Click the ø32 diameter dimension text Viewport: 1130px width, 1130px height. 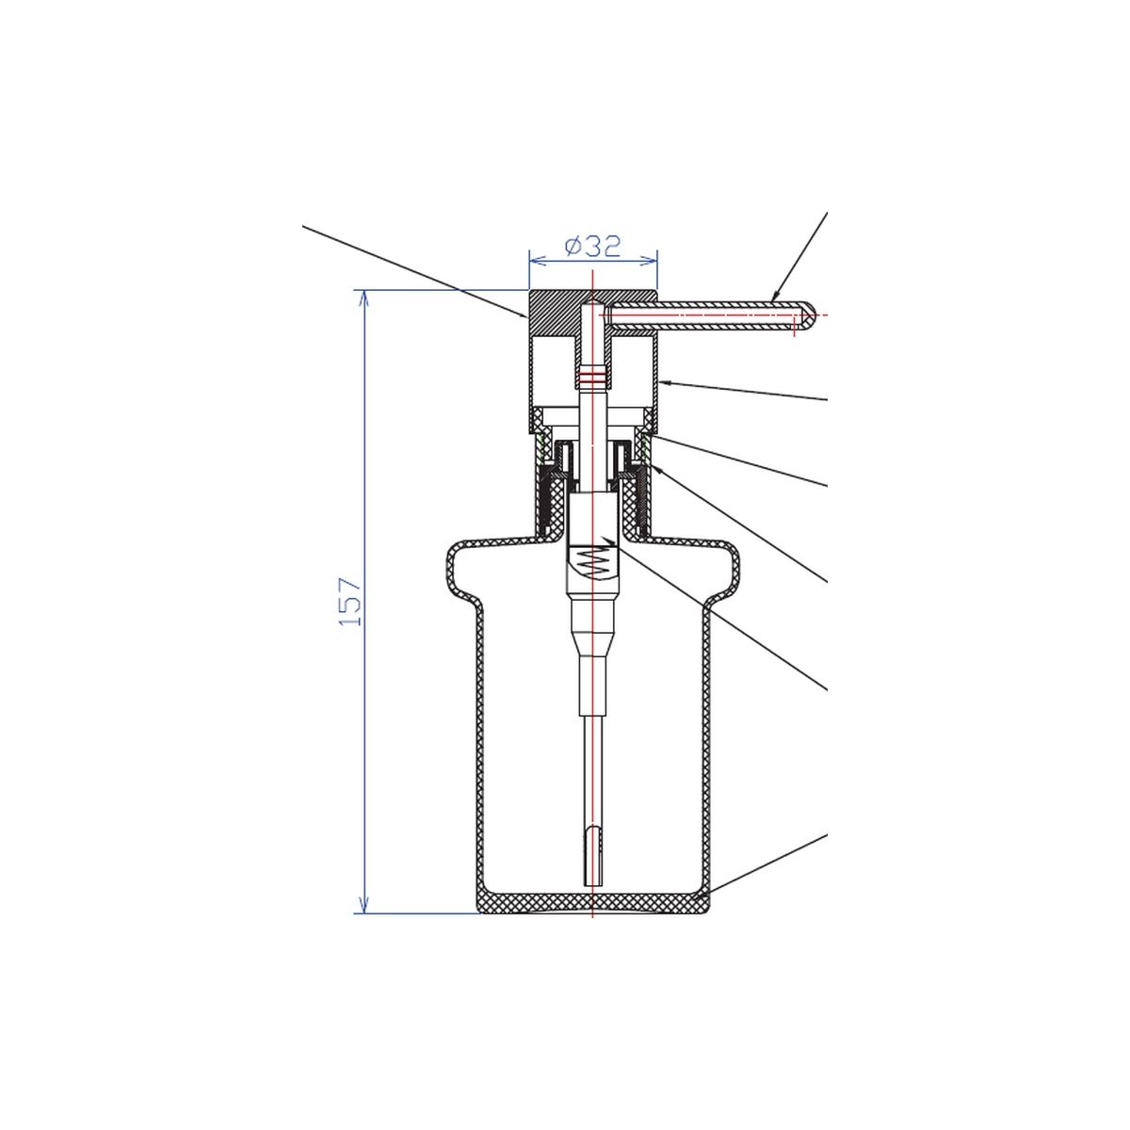click(x=592, y=247)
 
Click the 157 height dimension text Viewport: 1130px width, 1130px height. click(x=350, y=602)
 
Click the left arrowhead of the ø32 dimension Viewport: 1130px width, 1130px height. click(x=537, y=260)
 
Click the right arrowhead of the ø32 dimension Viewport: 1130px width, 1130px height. click(x=649, y=260)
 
